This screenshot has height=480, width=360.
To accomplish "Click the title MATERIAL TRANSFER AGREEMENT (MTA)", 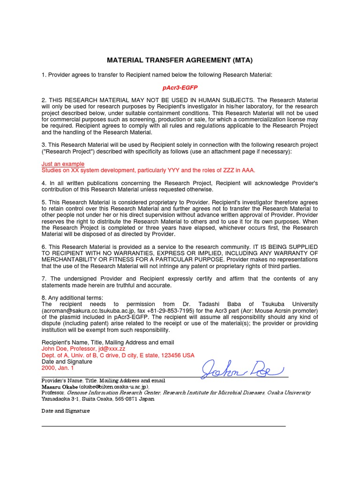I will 180,60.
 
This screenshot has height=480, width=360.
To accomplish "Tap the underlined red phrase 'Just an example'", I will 63,164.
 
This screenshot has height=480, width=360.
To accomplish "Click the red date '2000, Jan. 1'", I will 57,368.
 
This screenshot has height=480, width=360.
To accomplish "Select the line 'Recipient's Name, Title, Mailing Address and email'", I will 108,343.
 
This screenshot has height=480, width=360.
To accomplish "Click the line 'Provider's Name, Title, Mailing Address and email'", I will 103,381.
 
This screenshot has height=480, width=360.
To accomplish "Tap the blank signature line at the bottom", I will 164,426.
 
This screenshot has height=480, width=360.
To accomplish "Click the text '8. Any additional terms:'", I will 72,298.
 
